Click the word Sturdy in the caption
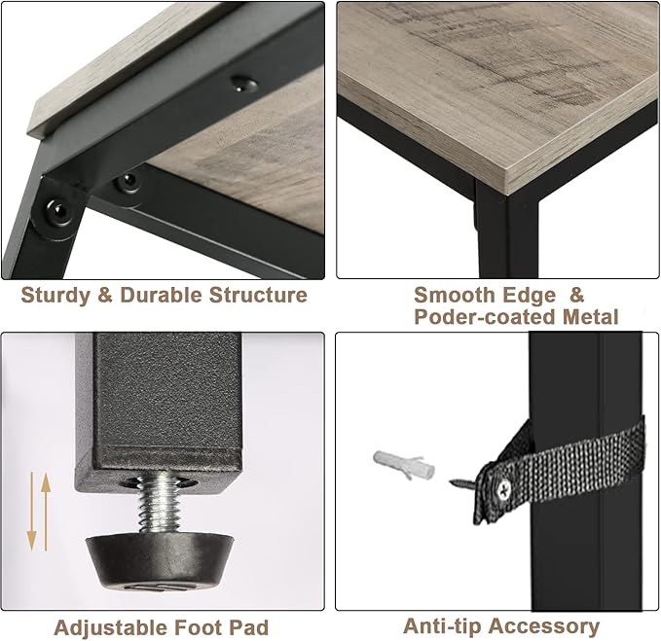coord(55,296)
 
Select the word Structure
coord(258,295)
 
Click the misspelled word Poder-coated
coord(485,317)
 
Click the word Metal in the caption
coord(591,317)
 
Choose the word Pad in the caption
coord(248,627)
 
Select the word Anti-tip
coord(442,625)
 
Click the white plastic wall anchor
coord(403,465)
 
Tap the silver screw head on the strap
coord(504,488)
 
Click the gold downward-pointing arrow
coord(32,512)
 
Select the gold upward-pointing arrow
coord(46,512)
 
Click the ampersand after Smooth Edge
coord(576,295)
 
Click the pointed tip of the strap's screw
coord(451,481)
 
